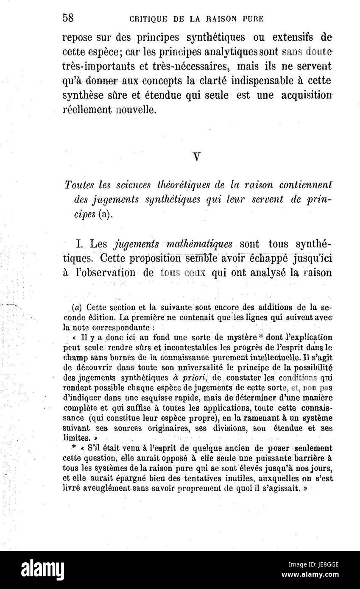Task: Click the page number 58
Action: coord(68,18)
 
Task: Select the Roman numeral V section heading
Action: coord(196,156)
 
